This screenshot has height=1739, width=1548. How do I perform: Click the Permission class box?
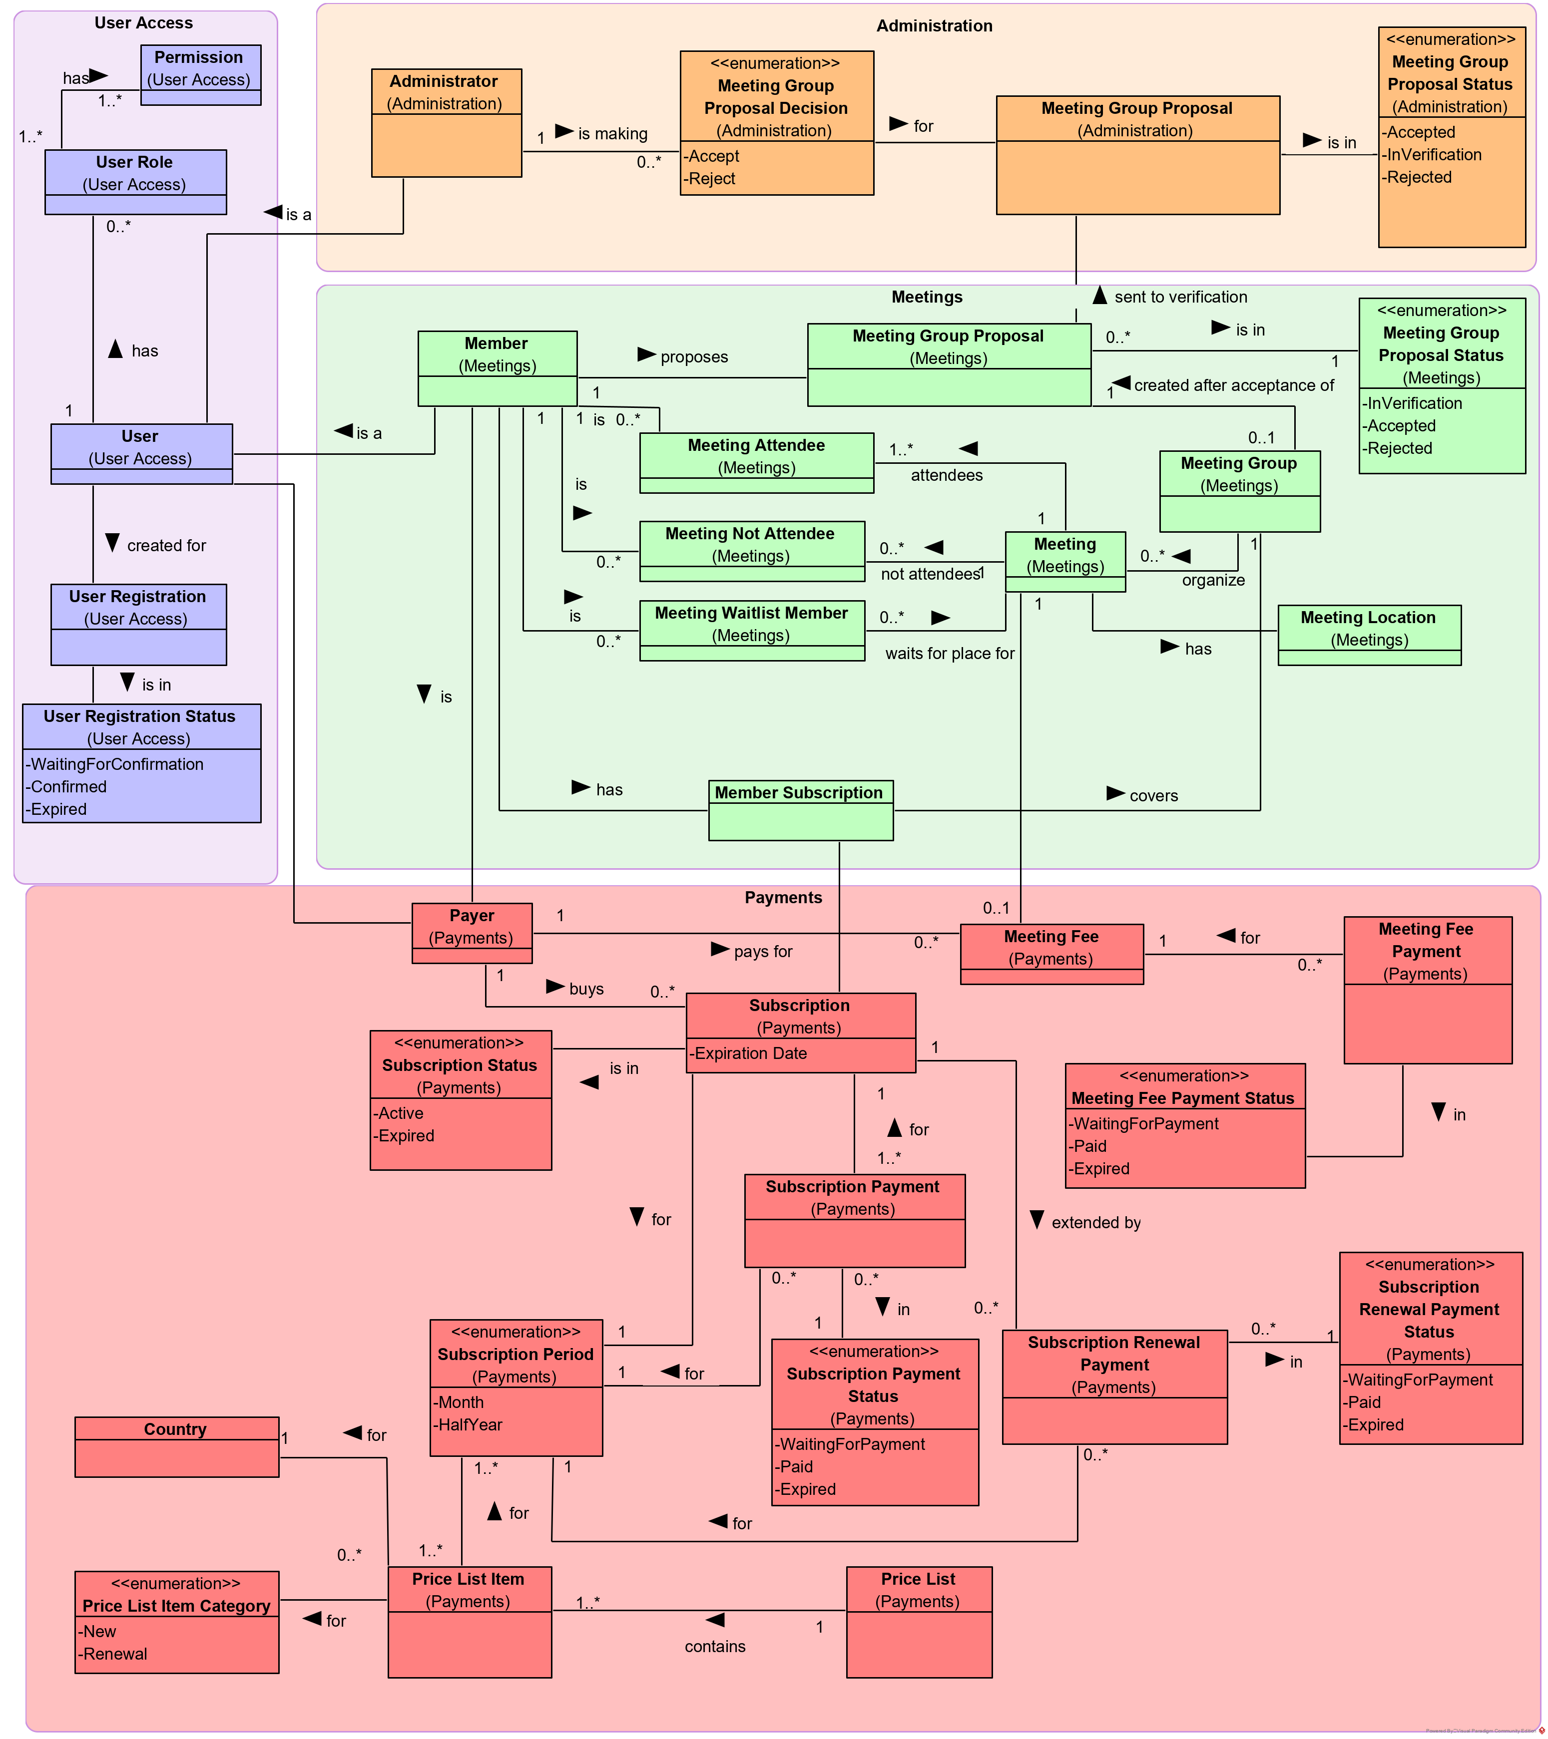[x=200, y=75]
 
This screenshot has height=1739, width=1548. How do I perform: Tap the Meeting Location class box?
[x=1369, y=635]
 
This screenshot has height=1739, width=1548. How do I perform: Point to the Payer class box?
[x=472, y=933]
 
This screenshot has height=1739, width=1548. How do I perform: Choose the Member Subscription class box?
[x=800, y=810]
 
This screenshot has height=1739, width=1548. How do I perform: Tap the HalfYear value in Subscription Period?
[x=469, y=1424]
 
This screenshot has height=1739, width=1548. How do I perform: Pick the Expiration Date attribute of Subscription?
[x=750, y=1053]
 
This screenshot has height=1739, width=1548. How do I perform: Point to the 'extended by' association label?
[x=1095, y=1223]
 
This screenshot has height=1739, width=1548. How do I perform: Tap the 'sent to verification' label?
[x=1180, y=297]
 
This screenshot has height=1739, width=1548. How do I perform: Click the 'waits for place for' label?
[x=949, y=654]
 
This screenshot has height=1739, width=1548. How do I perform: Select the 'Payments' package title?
[x=783, y=898]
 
